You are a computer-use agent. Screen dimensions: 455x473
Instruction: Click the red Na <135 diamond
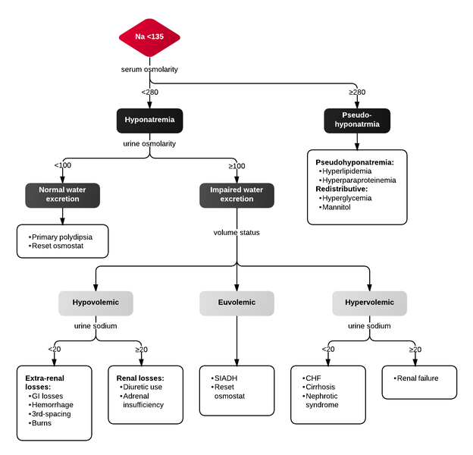(149, 37)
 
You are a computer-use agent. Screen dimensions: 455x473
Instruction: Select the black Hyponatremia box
(149, 120)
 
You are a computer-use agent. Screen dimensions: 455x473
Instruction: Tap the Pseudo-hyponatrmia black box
(356, 120)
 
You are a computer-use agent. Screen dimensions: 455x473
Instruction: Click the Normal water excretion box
(62, 194)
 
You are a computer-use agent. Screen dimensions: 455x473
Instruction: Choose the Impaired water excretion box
(236, 194)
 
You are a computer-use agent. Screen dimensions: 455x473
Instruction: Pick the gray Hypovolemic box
(95, 303)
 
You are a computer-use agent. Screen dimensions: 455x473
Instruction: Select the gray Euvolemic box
(236, 303)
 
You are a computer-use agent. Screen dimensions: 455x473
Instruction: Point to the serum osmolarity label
(149, 69)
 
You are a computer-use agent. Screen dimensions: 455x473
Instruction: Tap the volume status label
(236, 233)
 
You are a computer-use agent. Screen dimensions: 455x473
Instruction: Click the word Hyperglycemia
(348, 198)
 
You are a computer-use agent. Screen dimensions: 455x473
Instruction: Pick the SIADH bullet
(227, 378)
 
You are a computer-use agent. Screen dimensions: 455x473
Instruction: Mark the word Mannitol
(338, 207)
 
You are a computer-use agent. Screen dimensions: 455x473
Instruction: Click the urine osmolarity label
(149, 143)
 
